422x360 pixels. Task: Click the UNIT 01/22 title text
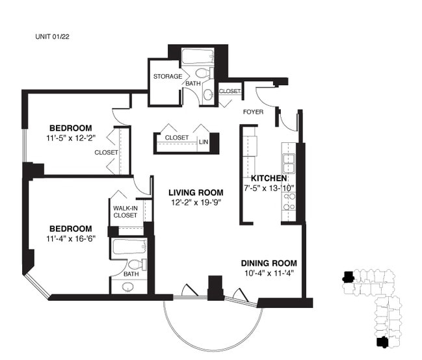[52, 36]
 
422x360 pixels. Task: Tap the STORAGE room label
[168, 77]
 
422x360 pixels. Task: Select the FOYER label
[253, 112]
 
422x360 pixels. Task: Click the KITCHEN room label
[269, 178]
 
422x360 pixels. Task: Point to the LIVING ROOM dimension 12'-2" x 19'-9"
[196, 202]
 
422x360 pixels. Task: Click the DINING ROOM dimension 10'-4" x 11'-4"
[269, 273]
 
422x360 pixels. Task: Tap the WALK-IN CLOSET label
[125, 212]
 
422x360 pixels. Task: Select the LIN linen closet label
[204, 142]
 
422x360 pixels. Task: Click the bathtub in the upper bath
[198, 56]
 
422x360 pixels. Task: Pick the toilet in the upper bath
[204, 73]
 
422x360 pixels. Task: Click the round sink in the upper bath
[208, 95]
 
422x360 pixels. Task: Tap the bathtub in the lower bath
[130, 247]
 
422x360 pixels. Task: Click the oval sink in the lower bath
[128, 287]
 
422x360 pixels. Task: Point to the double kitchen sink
[289, 163]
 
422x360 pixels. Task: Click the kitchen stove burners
[289, 201]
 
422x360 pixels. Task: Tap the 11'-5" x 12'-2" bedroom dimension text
[71, 138]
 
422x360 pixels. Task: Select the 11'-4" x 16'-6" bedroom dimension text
[71, 238]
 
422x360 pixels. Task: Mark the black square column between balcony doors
[215, 288]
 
